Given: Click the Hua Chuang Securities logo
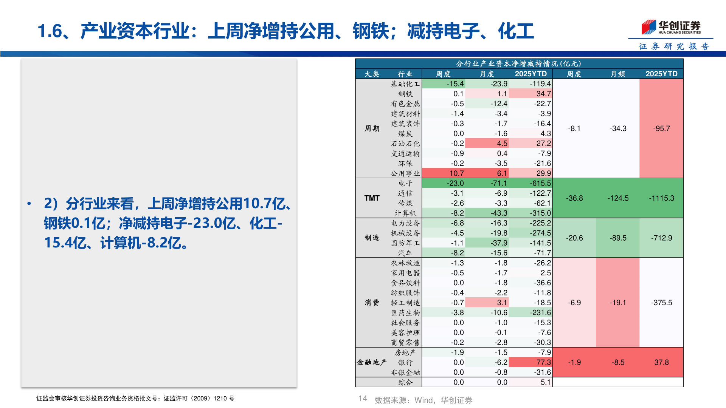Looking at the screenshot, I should (x=671, y=28).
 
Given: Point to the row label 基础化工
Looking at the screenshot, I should (x=405, y=84).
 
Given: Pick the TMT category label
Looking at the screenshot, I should (x=372, y=198).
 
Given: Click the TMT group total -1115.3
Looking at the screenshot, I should (x=661, y=198).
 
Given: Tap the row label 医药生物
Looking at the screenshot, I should (x=405, y=313).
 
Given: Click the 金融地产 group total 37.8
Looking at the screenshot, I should (x=661, y=362).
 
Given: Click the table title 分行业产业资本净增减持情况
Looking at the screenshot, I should (x=518, y=63).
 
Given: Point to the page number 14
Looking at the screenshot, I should (x=363, y=399).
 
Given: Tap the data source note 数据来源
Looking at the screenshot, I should (x=423, y=400).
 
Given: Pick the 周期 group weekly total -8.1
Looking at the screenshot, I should (x=574, y=128).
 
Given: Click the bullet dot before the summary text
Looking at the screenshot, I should (x=29, y=204).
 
